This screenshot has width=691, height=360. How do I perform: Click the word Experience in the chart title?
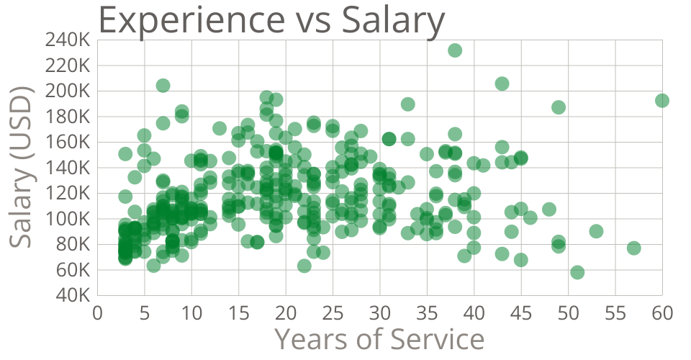point(186,22)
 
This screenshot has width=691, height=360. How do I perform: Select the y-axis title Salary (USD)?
point(22,168)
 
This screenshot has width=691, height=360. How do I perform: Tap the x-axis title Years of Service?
point(379,338)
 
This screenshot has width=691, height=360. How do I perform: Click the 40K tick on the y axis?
point(73,295)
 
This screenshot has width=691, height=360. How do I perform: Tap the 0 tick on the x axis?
point(97,312)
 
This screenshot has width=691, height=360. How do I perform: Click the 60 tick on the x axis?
point(662,312)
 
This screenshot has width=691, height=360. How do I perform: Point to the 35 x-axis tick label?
point(427,312)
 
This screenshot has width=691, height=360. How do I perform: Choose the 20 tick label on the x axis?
point(286,312)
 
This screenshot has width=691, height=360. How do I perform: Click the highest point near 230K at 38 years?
point(455,50)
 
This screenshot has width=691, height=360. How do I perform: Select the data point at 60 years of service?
point(662,100)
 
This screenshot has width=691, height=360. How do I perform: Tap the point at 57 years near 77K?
point(634,248)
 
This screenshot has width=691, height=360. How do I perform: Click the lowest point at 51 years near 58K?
point(577,272)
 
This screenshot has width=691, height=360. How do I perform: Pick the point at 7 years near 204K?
point(163,86)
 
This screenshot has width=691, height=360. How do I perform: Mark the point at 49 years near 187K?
point(559,107)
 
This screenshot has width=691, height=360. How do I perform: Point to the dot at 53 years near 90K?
point(596,231)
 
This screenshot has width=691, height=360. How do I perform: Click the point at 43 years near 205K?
point(502,84)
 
